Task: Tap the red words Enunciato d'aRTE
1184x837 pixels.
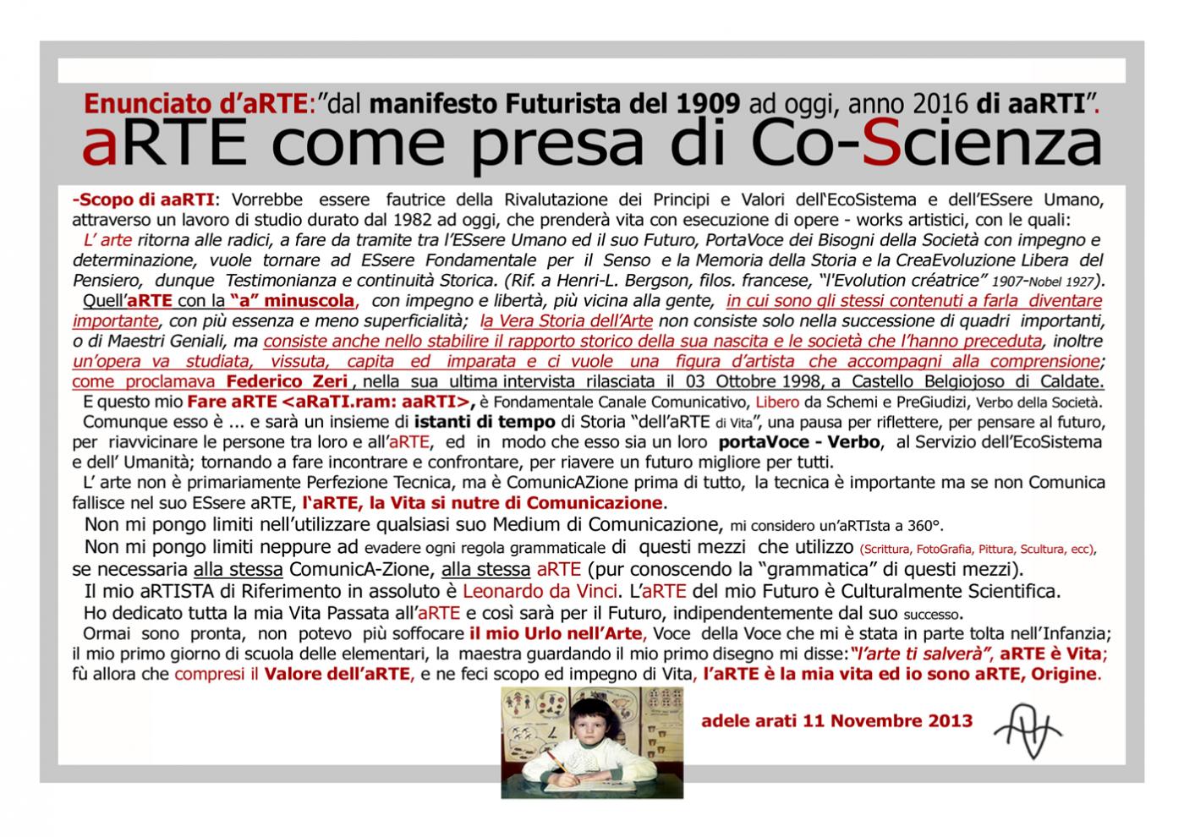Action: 195,104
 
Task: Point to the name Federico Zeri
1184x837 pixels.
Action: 287,381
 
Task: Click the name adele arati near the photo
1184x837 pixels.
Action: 763,721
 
